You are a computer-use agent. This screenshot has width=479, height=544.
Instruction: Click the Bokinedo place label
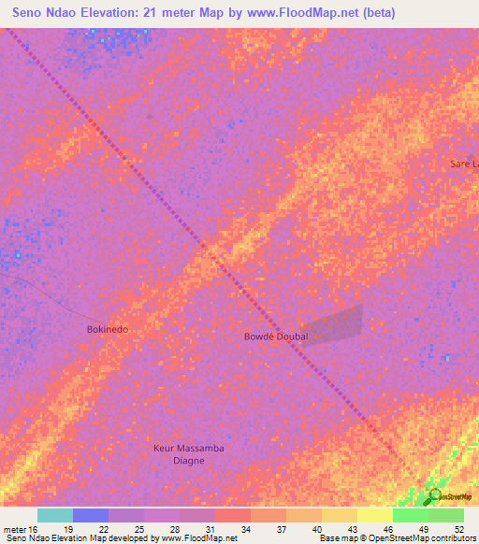(108, 330)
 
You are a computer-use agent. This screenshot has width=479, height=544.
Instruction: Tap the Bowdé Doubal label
(276, 336)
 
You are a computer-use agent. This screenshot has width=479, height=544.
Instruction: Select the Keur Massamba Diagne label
(189, 454)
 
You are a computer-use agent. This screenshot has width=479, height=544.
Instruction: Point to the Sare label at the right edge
(463, 164)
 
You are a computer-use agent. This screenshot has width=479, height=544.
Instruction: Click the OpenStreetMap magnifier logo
(433, 495)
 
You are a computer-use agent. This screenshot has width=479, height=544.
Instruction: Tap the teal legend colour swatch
(55, 515)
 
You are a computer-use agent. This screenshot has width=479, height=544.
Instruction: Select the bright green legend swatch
(410, 515)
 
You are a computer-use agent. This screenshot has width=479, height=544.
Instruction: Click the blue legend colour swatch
(91, 515)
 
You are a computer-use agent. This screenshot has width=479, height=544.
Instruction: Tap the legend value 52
(458, 528)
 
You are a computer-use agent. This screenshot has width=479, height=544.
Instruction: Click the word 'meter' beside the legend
(15, 528)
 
